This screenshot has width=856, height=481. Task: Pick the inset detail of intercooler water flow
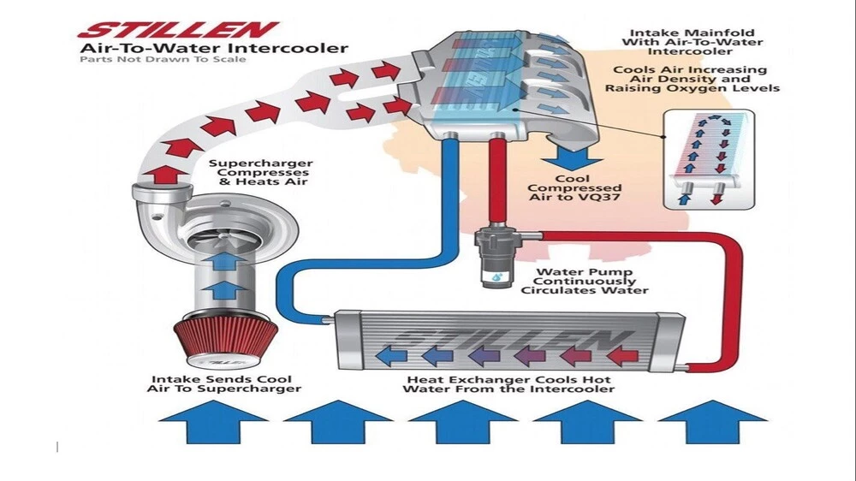[710, 161]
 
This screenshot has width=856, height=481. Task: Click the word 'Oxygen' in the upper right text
[704, 87]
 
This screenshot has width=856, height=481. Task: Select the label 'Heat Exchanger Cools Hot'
[508, 378]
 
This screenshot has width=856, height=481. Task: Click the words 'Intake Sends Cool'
[222, 378]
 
